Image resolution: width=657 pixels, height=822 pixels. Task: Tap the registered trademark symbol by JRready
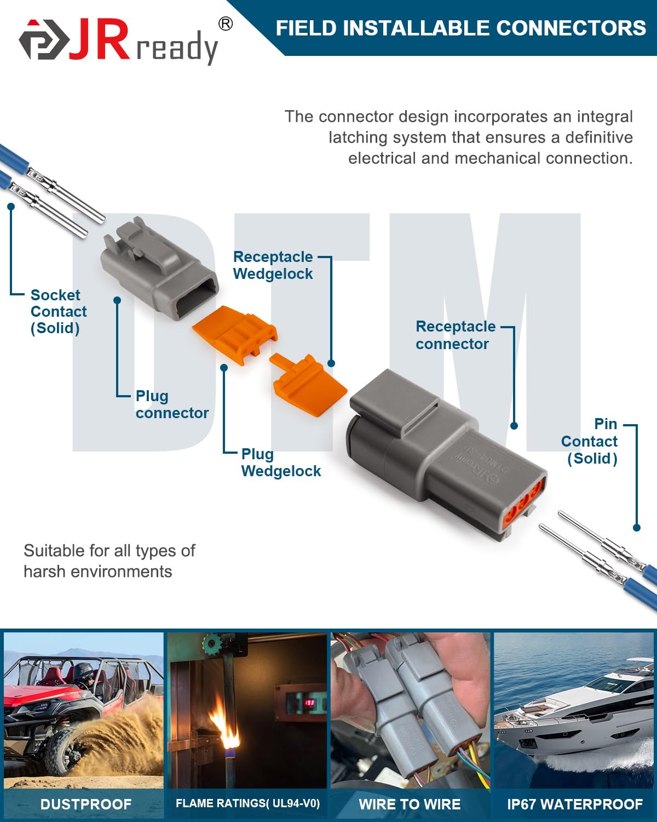click(x=225, y=24)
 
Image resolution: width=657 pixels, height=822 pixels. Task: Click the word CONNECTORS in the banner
click(x=571, y=28)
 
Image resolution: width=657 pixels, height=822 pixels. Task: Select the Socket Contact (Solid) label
click(x=58, y=311)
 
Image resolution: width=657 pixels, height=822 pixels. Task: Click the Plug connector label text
click(x=171, y=404)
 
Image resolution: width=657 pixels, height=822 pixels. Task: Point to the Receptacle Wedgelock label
click(x=273, y=265)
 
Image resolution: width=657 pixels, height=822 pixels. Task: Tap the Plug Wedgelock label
click(x=280, y=463)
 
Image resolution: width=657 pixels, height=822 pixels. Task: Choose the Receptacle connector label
click(x=455, y=335)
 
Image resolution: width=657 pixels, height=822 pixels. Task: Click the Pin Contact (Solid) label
click(x=590, y=441)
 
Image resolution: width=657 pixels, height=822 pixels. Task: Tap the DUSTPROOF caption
click(x=85, y=804)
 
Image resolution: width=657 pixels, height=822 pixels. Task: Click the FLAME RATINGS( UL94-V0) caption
click(x=247, y=803)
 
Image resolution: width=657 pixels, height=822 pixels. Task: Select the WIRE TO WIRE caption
click(x=410, y=804)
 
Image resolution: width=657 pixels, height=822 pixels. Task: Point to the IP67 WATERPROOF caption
click(x=574, y=804)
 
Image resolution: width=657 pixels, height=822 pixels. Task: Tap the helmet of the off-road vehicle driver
click(x=84, y=672)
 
